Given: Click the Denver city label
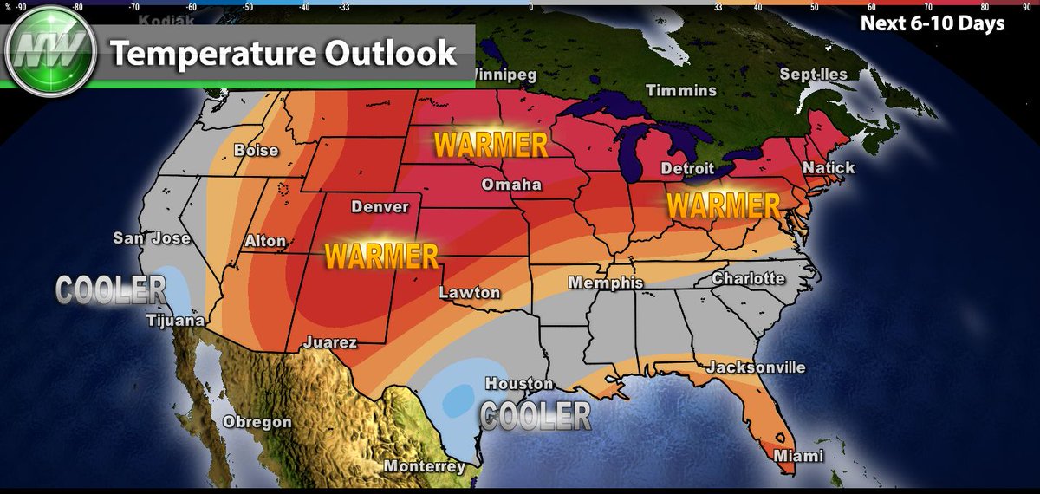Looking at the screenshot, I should (x=379, y=207).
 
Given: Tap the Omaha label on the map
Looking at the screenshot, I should (x=511, y=185).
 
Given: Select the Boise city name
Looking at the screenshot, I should (x=257, y=151).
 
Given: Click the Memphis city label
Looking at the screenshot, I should (x=606, y=283).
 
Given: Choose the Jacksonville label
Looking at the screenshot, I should (x=756, y=367).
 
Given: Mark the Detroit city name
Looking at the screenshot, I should (x=687, y=168).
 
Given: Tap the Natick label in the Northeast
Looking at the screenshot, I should (x=829, y=167).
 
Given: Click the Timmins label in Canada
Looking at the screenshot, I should (x=681, y=90).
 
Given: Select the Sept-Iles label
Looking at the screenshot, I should (x=812, y=75).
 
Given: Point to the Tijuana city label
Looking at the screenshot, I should (x=175, y=322).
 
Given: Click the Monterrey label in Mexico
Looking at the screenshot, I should (x=426, y=467).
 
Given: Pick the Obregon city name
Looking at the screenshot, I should (x=257, y=422).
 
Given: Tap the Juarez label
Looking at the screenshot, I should (x=329, y=342).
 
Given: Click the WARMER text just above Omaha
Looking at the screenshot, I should (x=491, y=144).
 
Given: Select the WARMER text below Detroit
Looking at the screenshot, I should (x=724, y=205).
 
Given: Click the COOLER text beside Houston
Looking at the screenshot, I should (x=536, y=416).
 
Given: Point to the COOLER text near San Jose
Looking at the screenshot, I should (x=110, y=289).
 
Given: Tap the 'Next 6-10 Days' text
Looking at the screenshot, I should (x=932, y=24).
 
